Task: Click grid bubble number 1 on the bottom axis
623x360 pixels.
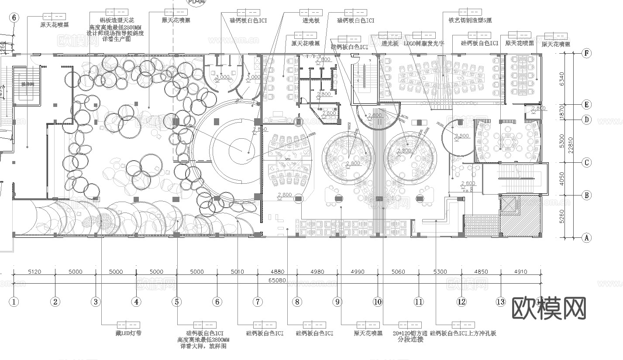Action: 14,302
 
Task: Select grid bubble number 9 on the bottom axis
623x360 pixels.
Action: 337,302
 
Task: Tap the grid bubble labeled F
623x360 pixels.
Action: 587,53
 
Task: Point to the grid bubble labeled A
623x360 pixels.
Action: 587,238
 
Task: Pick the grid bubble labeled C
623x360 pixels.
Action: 587,163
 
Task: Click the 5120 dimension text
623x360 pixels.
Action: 34,271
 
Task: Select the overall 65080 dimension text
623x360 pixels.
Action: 277,280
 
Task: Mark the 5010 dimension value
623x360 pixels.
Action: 237,271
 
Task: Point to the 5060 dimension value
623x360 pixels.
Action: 398,271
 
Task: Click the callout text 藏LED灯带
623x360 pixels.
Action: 128,333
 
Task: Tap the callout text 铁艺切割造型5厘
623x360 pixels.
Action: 470,20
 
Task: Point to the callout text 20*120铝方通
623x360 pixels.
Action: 410,333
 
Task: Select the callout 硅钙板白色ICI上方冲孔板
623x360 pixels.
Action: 463,333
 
